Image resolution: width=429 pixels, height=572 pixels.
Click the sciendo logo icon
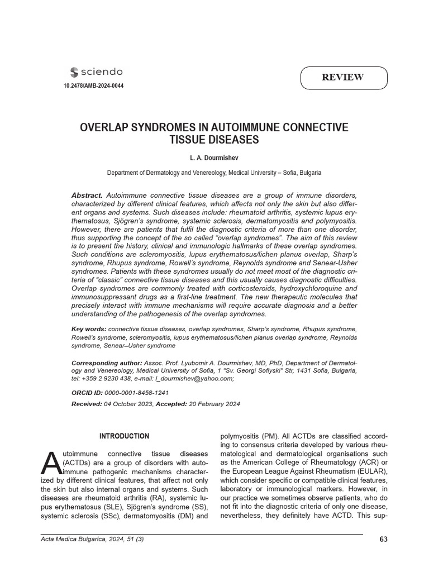(74, 72)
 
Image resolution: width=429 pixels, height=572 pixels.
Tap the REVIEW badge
(343, 78)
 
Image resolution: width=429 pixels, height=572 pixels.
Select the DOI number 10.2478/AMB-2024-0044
(90, 86)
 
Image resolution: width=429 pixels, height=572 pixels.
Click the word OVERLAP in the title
(107, 127)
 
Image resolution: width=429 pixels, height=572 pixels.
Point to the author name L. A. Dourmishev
(214, 159)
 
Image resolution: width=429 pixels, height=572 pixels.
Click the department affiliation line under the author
(214, 173)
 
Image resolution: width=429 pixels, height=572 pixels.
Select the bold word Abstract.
(87, 195)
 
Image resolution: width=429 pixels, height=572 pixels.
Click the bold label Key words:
(89, 329)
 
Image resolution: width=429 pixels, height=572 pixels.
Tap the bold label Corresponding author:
(107, 363)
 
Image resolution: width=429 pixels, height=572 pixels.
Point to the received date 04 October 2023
(128, 404)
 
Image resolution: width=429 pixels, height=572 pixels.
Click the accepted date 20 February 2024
(214, 404)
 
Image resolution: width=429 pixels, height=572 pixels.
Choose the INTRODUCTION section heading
(124, 436)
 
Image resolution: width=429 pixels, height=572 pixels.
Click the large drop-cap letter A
(51, 461)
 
